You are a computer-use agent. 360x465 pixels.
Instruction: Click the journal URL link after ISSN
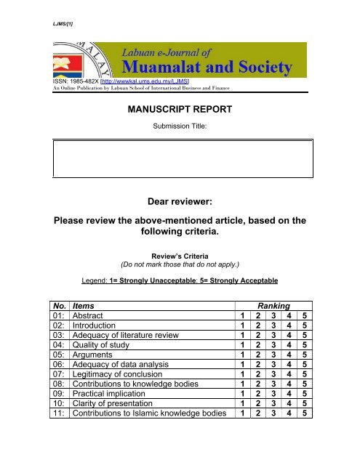tap(150, 80)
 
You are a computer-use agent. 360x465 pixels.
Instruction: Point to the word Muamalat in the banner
tap(161, 68)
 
